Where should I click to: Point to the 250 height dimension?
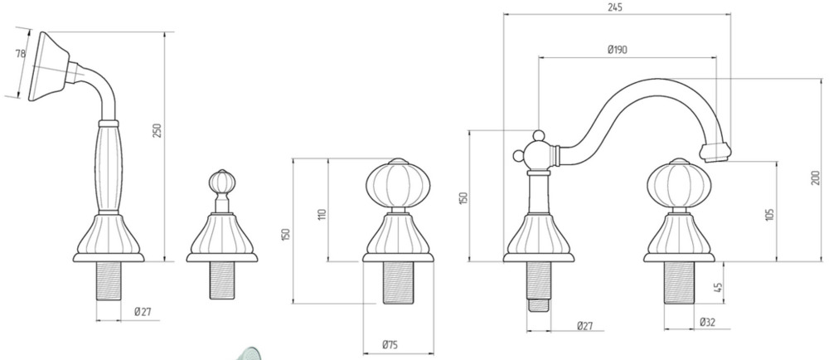coord(157,130)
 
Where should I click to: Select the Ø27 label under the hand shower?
coord(143,312)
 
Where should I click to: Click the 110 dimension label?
coord(323,214)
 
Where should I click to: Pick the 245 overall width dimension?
coord(615,7)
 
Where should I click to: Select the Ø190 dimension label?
coord(617,50)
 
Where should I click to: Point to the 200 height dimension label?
coord(817,178)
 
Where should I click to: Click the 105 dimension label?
coord(769,214)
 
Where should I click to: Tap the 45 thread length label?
coord(717,288)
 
